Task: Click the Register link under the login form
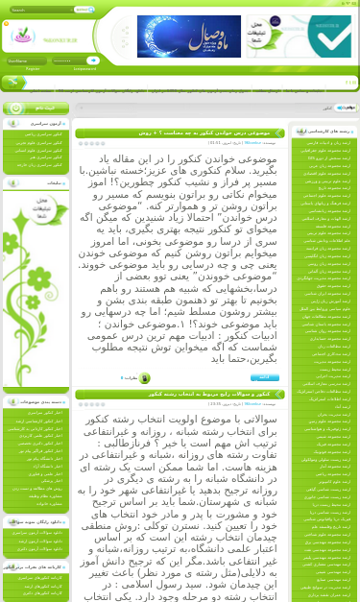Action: [33, 68]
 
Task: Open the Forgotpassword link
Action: [84, 68]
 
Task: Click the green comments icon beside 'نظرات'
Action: [145, 377]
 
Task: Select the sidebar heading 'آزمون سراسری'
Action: [43, 124]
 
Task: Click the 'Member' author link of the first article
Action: [252, 142]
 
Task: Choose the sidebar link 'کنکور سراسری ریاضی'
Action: [45, 134]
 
